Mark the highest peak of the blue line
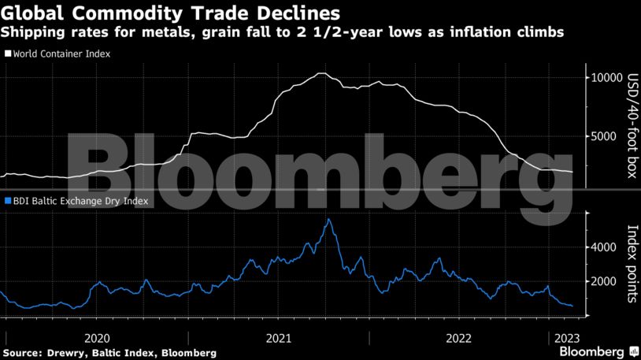tap(328, 219)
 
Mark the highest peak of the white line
tap(320, 73)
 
